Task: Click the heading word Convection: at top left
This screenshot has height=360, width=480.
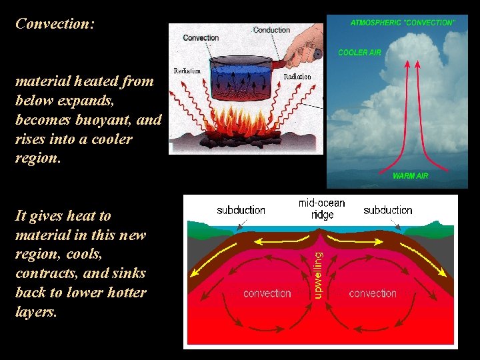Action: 55,24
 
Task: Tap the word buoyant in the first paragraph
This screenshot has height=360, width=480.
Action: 100,120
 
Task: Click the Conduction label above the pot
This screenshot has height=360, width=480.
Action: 271,30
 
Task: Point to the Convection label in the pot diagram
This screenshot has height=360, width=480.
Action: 201,38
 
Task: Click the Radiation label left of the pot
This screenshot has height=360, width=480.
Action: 187,71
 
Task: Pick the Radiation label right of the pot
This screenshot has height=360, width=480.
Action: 297,77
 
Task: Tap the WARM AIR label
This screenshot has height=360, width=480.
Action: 410,176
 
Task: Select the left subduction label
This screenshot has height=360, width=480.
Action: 241,210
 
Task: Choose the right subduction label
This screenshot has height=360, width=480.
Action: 387,210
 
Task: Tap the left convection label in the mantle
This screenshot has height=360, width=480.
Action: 267,293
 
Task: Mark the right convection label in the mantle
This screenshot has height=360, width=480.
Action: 373,293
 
